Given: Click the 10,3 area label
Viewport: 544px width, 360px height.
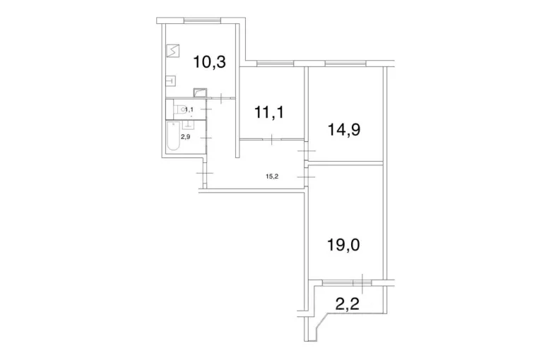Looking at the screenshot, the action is [210, 62].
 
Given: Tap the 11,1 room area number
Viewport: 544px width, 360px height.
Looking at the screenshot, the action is [269, 112].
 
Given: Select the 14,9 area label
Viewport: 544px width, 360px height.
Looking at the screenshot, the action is [344, 130].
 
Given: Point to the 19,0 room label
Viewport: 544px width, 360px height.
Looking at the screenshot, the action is [343, 245].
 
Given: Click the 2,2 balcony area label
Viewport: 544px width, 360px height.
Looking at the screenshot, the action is [348, 305].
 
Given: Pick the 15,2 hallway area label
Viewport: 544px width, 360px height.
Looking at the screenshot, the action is [272, 176].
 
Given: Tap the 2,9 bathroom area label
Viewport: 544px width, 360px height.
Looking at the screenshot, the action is [185, 137].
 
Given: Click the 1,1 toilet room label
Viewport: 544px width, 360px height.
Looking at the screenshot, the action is [189, 109].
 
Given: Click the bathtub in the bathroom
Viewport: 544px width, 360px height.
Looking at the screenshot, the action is [174, 136].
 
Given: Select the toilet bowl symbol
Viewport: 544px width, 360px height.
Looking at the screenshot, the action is [182, 109].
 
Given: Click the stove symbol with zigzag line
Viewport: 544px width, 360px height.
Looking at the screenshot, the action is [173, 51].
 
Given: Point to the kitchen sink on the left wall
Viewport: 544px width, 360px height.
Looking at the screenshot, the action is [171, 80].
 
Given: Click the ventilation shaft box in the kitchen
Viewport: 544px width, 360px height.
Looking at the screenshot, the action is [200, 93].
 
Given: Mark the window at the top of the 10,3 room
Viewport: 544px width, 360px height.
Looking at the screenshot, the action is [202, 20].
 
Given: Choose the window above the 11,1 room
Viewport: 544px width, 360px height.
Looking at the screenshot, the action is [275, 63].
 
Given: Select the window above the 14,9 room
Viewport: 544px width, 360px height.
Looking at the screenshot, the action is [346, 63].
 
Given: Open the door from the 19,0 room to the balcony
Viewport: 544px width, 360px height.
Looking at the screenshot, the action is [362, 283].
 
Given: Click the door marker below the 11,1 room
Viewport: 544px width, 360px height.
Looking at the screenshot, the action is [272, 139].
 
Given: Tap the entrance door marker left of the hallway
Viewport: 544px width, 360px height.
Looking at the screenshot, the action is [205, 173].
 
